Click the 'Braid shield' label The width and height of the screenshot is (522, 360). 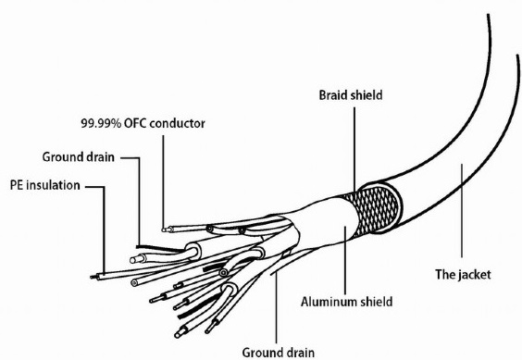(x=351, y=95)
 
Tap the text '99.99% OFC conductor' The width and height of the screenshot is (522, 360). (x=143, y=124)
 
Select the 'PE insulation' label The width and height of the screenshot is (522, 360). (x=45, y=185)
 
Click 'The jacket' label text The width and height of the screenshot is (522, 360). (x=463, y=275)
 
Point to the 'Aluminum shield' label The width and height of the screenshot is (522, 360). (x=346, y=302)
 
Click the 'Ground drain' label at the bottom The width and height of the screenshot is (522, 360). (x=278, y=353)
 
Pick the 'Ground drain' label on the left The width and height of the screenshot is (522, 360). (x=79, y=156)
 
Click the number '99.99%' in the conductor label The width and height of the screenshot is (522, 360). (x=101, y=124)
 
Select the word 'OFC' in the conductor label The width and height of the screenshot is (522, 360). (x=135, y=124)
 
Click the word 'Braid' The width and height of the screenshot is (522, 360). (x=333, y=95)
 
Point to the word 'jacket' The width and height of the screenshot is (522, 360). (x=475, y=275)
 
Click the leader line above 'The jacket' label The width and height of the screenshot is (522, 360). (x=462, y=210)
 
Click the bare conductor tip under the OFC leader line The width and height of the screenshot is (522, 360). (x=164, y=230)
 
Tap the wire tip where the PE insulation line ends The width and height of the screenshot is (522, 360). (x=93, y=277)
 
